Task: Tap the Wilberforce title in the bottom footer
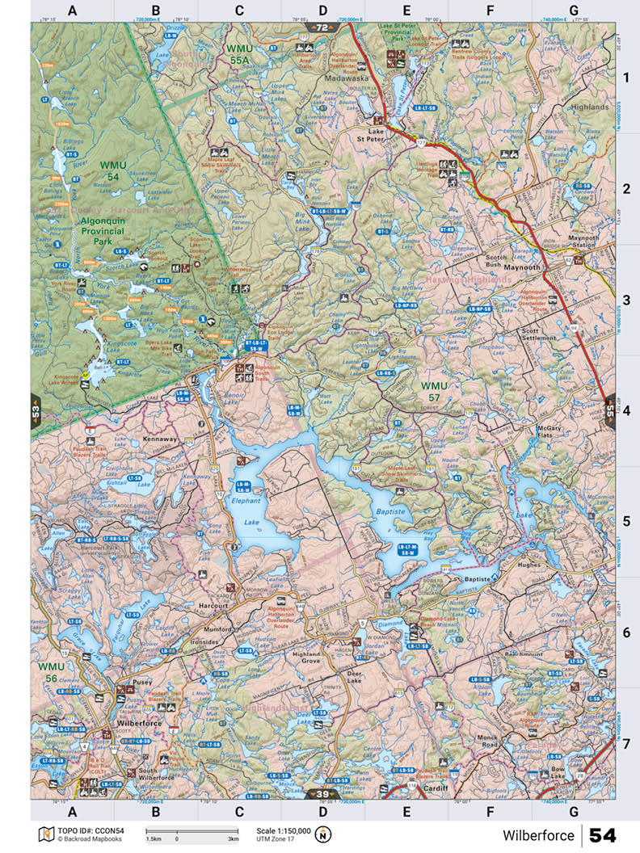coord(538,835)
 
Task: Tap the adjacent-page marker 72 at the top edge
coord(322,27)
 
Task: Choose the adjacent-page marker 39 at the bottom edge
coord(322,794)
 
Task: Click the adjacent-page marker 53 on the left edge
coord(36,410)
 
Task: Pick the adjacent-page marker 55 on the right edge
coord(608,410)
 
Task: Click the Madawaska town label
coord(346,79)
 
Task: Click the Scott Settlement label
coord(541,335)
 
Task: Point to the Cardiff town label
coord(435,786)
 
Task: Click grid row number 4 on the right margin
coord(626,410)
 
